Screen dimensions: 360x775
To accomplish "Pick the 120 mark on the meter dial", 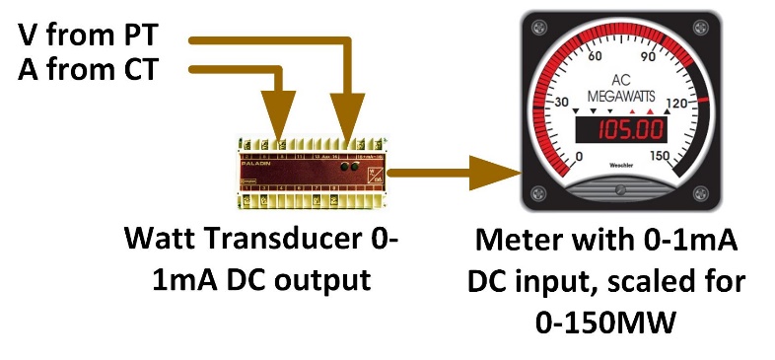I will point(677,104).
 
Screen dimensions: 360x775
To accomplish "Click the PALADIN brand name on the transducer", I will point(258,155).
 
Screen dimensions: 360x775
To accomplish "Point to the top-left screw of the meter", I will point(538,23).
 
